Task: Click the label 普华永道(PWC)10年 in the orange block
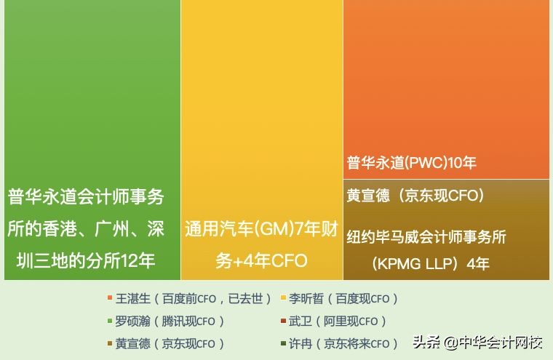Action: pyautogui.click(x=411, y=163)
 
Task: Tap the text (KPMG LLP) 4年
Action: pyautogui.click(x=430, y=263)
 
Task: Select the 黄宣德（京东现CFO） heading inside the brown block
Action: pyautogui.click(x=415, y=195)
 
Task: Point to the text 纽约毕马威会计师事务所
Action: pyautogui.click(x=426, y=237)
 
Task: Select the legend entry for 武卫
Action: pyautogui.click(x=338, y=321)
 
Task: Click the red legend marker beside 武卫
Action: pyautogui.click(x=284, y=321)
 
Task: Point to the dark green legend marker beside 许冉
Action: pyautogui.click(x=284, y=343)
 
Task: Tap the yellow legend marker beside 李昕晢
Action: pyautogui.click(x=284, y=298)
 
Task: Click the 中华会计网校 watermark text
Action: pyautogui.click(x=501, y=342)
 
